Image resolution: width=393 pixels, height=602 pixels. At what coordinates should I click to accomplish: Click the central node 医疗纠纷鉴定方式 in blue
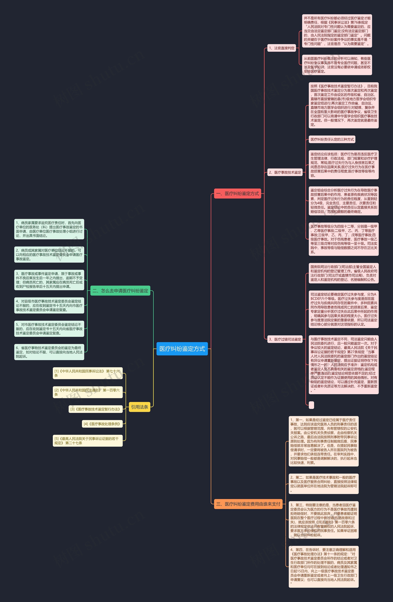coord(182,349)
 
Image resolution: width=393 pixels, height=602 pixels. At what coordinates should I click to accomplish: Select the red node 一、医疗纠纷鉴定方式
coord(237,194)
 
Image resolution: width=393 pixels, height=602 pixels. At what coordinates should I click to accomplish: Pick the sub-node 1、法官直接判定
coord(282,48)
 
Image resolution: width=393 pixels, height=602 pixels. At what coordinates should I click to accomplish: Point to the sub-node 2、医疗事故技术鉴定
coord(285,172)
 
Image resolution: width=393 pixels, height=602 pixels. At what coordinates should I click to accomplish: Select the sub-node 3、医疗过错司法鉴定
coord(285,339)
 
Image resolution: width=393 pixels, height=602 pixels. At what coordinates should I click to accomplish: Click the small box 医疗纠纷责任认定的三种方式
coord(332,139)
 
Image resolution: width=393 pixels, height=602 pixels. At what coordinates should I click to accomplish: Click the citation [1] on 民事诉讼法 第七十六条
coord(88,373)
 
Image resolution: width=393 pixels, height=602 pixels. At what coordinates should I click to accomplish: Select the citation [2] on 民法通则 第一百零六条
coord(88,392)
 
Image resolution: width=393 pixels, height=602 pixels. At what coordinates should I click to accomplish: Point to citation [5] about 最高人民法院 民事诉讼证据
coord(88,441)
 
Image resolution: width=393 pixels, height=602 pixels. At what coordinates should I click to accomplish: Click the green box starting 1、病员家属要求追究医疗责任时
coord(49,229)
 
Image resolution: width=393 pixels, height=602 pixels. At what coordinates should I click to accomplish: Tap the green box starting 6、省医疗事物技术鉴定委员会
coord(49,352)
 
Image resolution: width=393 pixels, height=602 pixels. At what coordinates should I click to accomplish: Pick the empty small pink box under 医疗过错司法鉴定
coord(311,405)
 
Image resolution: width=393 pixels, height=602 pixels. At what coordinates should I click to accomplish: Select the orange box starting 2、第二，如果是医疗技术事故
coord(323,484)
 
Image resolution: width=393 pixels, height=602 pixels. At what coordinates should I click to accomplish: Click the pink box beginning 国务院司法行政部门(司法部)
coord(343,273)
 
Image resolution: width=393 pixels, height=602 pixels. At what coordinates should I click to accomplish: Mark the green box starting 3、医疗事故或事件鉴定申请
coord(49,280)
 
